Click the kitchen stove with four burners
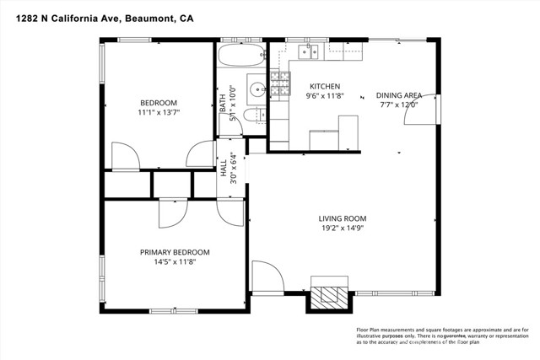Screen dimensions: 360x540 (x=279, y=84)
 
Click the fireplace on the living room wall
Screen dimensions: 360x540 (x=328, y=294)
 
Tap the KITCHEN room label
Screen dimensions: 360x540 (x=325, y=87)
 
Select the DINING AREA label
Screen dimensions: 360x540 (x=398, y=95)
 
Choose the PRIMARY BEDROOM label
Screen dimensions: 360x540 (x=175, y=252)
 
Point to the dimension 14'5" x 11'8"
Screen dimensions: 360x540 (x=175, y=262)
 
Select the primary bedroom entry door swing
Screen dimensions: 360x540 (x=170, y=212)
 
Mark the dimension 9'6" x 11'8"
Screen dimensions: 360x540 (x=325, y=96)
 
